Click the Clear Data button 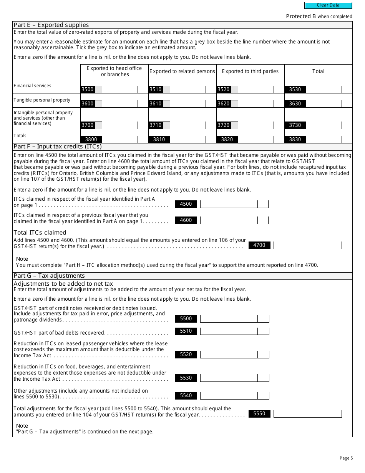[x=328, y=5]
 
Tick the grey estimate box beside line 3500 [x=98, y=90]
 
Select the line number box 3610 [x=156, y=104]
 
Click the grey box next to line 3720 [x=234, y=125]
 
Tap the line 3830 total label [x=295, y=140]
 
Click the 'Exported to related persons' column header [x=182, y=72]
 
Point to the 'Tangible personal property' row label [x=42, y=100]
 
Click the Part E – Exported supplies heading [x=51, y=25]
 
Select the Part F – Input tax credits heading [x=57, y=147]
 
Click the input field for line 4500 [x=229, y=204]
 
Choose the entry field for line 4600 [x=229, y=220]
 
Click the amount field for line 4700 [x=302, y=245]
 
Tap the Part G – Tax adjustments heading [x=49, y=276]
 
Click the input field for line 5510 [x=229, y=331]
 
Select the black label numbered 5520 [x=186, y=355]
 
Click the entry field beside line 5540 [x=229, y=396]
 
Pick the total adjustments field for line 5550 [x=302, y=414]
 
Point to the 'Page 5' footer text [x=346, y=458]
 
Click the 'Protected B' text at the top [x=298, y=16]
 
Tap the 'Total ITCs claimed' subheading [x=40, y=233]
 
